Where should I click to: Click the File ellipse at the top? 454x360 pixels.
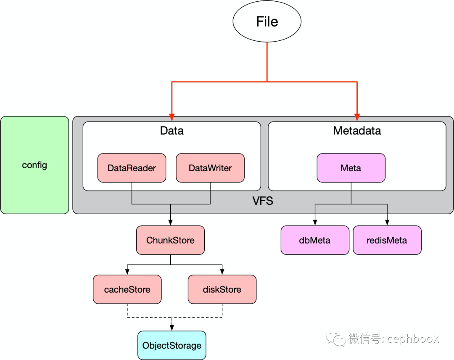coord(267,21)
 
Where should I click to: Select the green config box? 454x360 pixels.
coord(35,165)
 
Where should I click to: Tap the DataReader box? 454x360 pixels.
coord(132,168)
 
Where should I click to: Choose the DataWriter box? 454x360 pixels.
coord(210,168)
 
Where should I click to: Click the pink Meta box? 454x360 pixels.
coord(351,168)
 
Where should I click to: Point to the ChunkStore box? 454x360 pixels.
coord(171,240)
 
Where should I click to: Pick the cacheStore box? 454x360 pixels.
coord(127,289)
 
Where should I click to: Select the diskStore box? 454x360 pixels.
coord(222,289)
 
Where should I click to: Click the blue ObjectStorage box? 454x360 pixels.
coord(172,345)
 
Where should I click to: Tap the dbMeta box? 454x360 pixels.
coord(315,240)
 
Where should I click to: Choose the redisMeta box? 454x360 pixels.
coord(387,240)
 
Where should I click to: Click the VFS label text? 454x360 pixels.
coord(263,201)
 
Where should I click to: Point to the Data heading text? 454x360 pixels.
coord(172,131)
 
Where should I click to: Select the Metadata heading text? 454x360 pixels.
coord(357,131)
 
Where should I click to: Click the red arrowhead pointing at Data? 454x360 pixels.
coord(172,117)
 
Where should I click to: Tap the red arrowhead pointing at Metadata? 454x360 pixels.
coord(357,117)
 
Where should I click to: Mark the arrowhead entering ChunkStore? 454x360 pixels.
coord(171,222)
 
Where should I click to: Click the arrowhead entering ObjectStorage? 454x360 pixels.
coord(172,328)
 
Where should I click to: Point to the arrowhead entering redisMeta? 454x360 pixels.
coord(387,222)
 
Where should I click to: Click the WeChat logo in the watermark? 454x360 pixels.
coord(336,338)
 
